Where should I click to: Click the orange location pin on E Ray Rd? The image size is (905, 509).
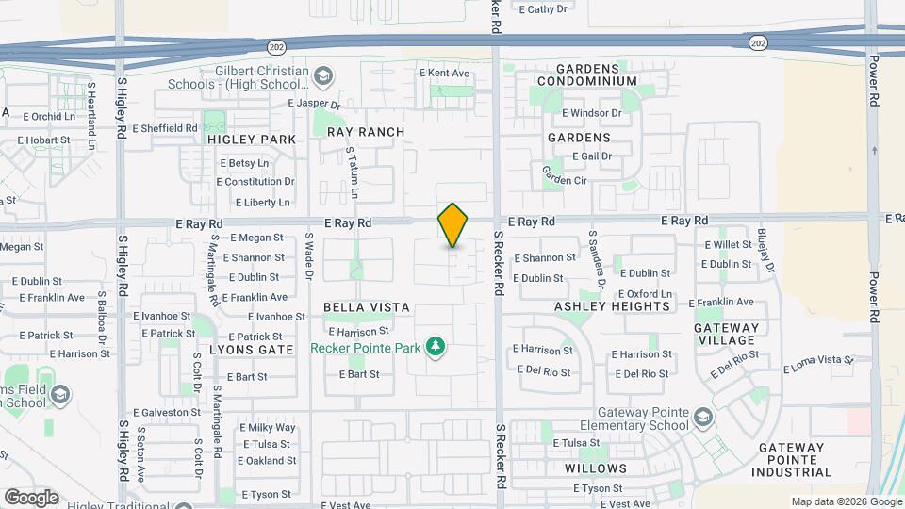point(452,225)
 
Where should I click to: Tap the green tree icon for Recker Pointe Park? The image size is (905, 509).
point(435,348)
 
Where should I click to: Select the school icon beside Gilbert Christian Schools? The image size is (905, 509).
point(323,75)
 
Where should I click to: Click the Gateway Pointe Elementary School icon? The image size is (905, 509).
point(703,416)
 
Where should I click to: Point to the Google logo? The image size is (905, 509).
point(31,497)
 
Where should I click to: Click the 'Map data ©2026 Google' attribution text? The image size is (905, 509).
point(846,501)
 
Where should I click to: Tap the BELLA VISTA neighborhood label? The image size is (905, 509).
point(366,307)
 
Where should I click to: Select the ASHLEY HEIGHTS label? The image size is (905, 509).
point(612,306)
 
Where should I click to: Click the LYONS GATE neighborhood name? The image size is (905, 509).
point(251,349)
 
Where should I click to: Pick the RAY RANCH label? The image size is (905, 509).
point(366,132)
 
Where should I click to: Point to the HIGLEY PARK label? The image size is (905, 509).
point(252,140)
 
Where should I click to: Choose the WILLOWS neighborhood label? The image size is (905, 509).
point(596,468)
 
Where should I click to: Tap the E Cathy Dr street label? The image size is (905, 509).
point(543,8)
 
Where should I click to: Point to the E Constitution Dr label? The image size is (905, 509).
point(257,182)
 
